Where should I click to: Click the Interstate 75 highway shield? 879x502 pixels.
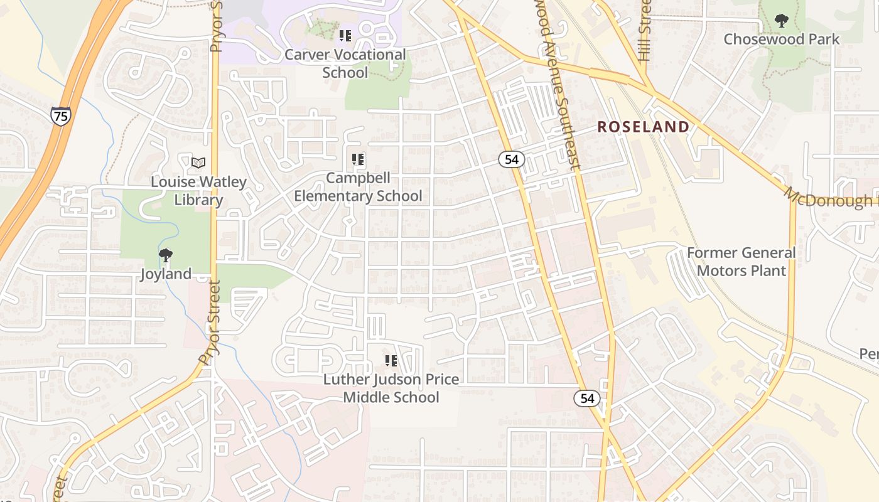tap(61, 115)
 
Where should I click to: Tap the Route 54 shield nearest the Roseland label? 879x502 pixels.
tap(512, 159)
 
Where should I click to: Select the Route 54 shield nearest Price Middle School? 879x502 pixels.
tap(586, 398)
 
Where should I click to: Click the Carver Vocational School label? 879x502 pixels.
tap(345, 63)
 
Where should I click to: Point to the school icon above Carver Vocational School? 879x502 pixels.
tap(345, 36)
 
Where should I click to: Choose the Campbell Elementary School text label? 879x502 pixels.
tap(358, 187)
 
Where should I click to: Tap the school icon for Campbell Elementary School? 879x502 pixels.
tap(358, 159)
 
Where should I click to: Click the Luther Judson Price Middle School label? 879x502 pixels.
tap(391, 388)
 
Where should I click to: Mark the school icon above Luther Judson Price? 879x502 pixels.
tap(391, 361)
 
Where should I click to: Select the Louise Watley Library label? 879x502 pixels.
tap(198, 191)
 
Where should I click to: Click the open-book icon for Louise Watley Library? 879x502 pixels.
tap(198, 163)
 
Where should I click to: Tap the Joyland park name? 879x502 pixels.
tap(166, 274)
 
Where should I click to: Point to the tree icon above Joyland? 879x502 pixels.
tap(166, 255)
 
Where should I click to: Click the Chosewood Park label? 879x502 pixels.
tap(781, 39)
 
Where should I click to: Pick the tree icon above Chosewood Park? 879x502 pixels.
tap(781, 21)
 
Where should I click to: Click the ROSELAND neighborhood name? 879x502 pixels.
tap(643, 127)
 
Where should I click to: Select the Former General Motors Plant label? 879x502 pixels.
tap(741, 262)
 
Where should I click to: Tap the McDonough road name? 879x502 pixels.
tap(829, 199)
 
